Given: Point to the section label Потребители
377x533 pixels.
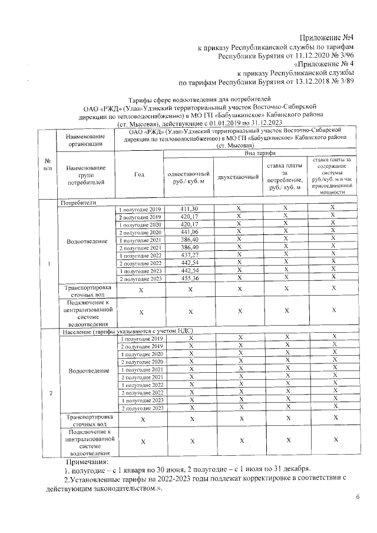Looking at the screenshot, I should click(x=78, y=202).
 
